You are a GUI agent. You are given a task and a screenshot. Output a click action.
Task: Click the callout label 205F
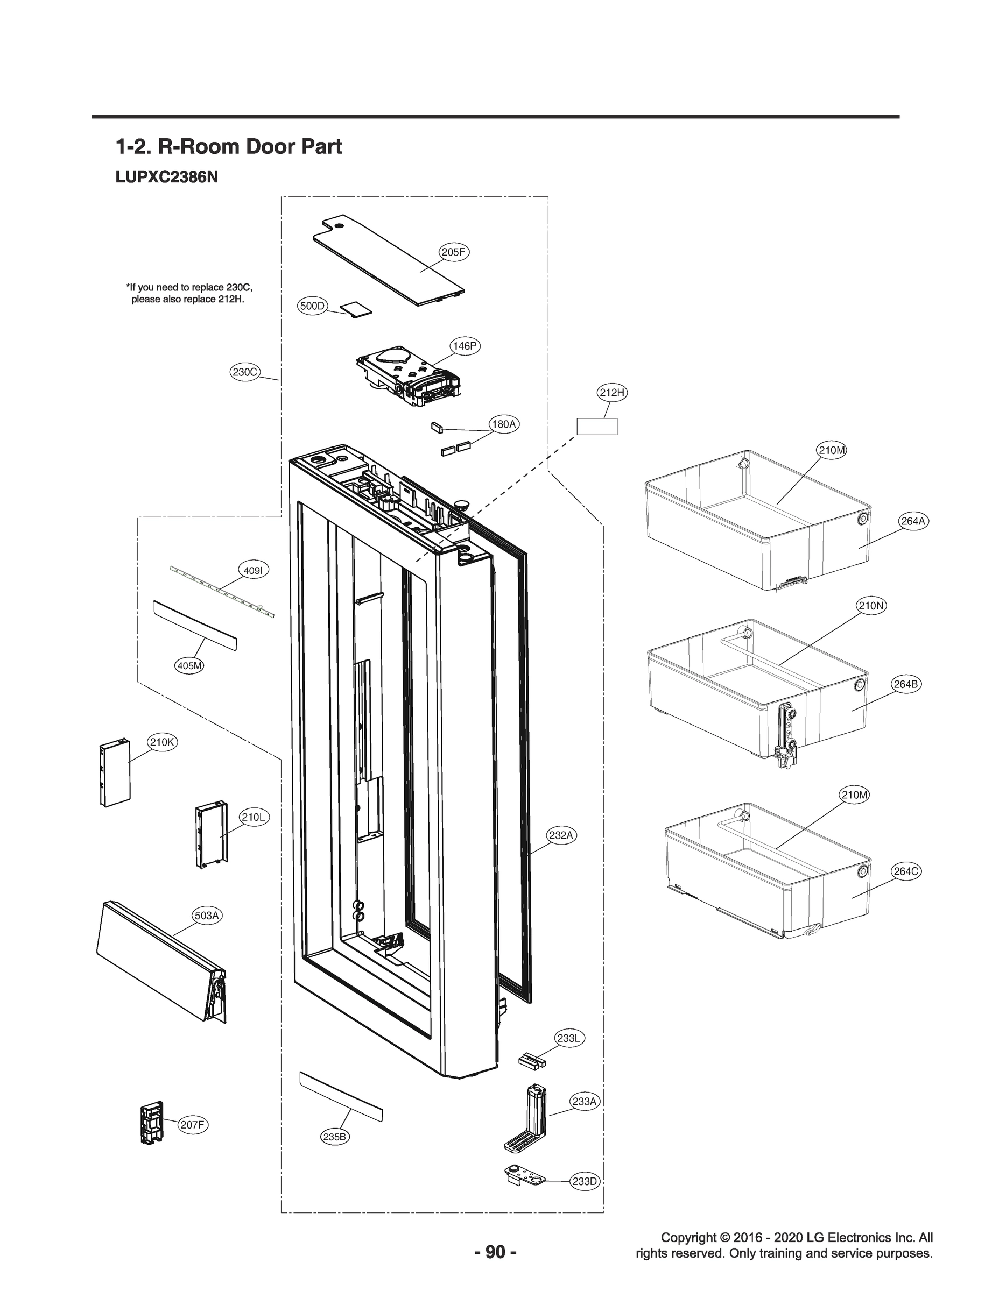(454, 252)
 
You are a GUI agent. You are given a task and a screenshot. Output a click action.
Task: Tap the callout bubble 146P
(465, 346)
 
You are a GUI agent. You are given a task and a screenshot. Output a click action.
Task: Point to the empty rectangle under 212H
(596, 426)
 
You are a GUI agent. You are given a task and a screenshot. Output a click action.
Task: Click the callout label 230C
(244, 372)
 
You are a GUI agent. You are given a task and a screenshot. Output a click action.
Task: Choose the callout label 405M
(190, 665)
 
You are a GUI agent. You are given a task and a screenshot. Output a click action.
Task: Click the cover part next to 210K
(114, 774)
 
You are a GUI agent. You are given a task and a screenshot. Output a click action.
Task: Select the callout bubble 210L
(254, 817)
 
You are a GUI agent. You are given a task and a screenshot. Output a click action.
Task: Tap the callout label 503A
(207, 915)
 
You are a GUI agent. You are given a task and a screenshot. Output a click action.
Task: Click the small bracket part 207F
(152, 1122)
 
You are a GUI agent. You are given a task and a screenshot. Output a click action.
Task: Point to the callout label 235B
(335, 1137)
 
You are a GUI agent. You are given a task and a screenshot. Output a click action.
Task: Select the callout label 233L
(569, 1038)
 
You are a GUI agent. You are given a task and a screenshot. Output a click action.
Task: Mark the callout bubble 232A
(561, 835)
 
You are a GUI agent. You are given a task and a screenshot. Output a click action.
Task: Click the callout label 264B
(905, 684)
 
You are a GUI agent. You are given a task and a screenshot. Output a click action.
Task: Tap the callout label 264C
(906, 871)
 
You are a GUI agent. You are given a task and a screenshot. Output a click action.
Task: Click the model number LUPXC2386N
(166, 177)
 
